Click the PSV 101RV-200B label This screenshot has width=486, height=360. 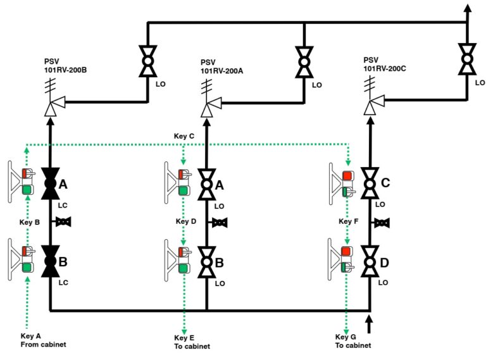tap(65, 66)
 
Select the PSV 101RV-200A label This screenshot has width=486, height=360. tap(221, 66)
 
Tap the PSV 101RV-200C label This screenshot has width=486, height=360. tap(385, 65)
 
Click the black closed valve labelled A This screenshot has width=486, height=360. tap(51, 183)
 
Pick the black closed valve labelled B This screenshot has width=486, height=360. tap(51, 261)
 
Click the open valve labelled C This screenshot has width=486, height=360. tap(370, 183)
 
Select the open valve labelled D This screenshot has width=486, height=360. tap(370, 261)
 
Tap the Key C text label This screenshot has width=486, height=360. tap(184, 136)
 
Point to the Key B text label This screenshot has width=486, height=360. tap(30, 222)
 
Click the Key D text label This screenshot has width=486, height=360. tap(186, 221)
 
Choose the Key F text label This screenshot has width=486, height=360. tap(349, 221)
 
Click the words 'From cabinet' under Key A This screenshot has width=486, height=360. tap(44, 344)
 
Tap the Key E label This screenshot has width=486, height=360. tap(184, 338)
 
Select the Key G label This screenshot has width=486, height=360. tap(346, 337)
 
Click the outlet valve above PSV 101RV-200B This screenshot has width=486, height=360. tap(148, 61)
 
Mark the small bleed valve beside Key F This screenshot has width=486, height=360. tap(382, 223)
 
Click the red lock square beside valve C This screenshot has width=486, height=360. tap(347, 176)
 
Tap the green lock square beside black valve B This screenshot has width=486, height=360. tap(27, 267)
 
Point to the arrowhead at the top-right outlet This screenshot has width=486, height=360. tap(468, 8)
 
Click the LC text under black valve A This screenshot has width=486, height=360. tap(63, 206)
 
